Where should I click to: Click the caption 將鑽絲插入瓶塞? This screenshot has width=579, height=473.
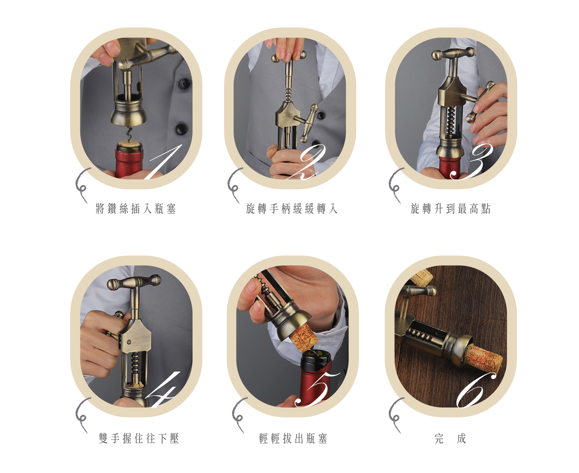pos(135,209)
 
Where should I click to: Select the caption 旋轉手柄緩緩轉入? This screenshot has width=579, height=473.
pos(292,209)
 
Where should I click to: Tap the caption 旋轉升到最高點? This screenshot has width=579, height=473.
pos(451,209)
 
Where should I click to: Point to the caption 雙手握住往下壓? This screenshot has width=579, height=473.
pos(139,439)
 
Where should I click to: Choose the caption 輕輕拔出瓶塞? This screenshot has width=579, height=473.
pos(293,439)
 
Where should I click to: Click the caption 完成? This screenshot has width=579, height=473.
pos(450,439)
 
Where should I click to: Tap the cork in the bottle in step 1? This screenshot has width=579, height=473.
pos(129,145)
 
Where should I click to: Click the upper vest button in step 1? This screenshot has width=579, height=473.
pos(184,83)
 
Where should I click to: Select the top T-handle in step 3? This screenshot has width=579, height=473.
pos(453,54)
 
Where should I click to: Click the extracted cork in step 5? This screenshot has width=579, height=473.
pos(303,338)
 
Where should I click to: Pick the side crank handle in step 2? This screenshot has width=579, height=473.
pos(308,123)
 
